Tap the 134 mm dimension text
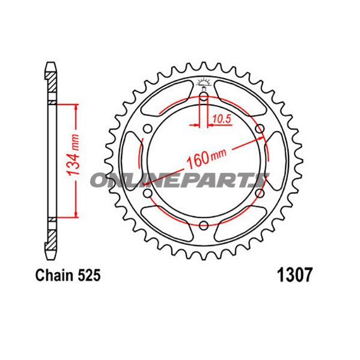click(73, 159)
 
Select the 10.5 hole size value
click(221, 119)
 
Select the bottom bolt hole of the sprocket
click(204, 225)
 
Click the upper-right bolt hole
click(260, 128)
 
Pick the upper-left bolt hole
click(148, 128)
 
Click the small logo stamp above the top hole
click(204, 84)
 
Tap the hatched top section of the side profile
click(53, 82)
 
